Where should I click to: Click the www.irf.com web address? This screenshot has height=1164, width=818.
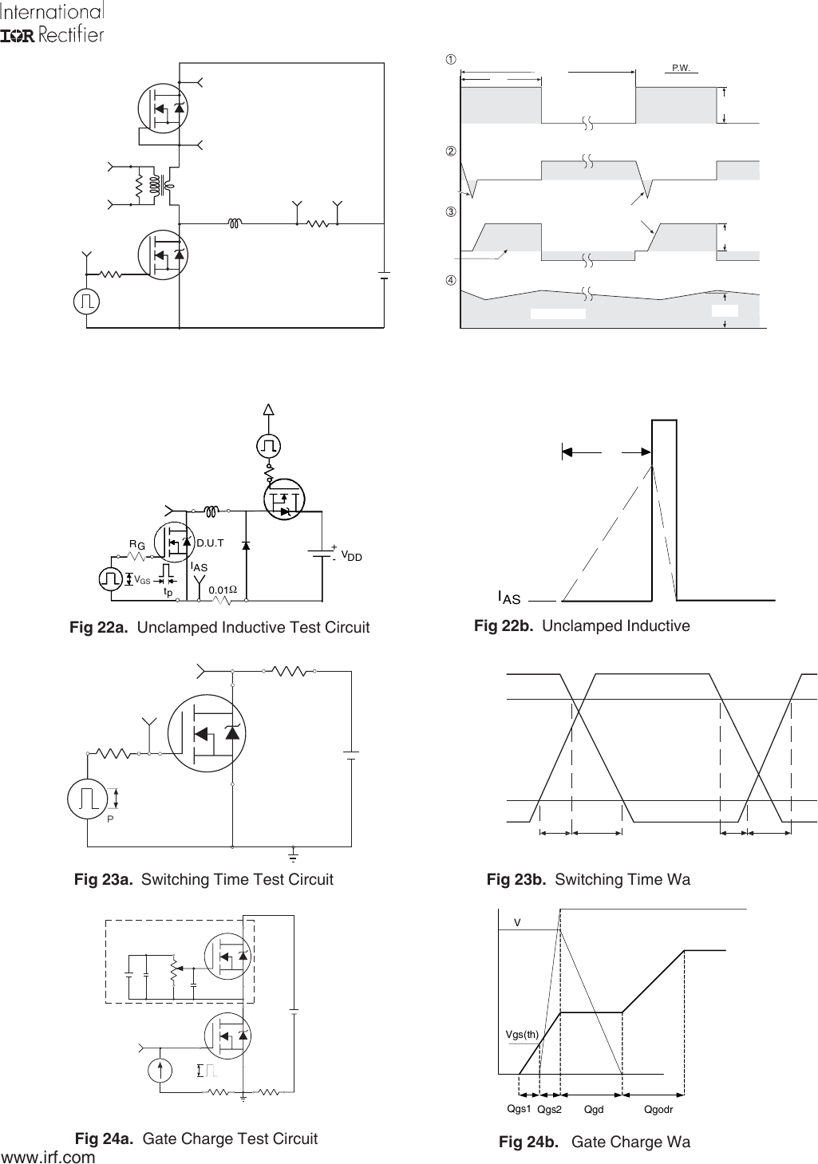[49, 1156]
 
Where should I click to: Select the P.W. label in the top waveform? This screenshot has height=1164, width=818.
[681, 69]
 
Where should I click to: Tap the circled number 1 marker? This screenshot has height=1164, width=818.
[450, 59]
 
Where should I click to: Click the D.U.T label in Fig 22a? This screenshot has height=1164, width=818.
[211, 543]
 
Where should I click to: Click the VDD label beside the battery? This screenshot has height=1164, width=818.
[351, 554]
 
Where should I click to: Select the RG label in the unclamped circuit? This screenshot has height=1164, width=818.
[137, 544]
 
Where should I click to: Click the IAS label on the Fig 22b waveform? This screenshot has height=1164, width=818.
[509, 597]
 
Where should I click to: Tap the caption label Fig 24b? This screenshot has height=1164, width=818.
[528, 1142]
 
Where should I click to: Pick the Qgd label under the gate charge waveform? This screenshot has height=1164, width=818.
[594, 1110]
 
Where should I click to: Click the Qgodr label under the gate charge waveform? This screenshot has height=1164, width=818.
[658, 1110]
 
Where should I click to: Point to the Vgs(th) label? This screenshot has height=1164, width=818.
[523, 1034]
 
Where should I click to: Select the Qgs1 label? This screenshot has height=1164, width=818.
[519, 1109]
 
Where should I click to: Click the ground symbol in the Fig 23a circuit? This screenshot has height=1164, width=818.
[294, 857]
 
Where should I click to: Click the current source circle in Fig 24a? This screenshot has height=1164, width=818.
[160, 1069]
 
